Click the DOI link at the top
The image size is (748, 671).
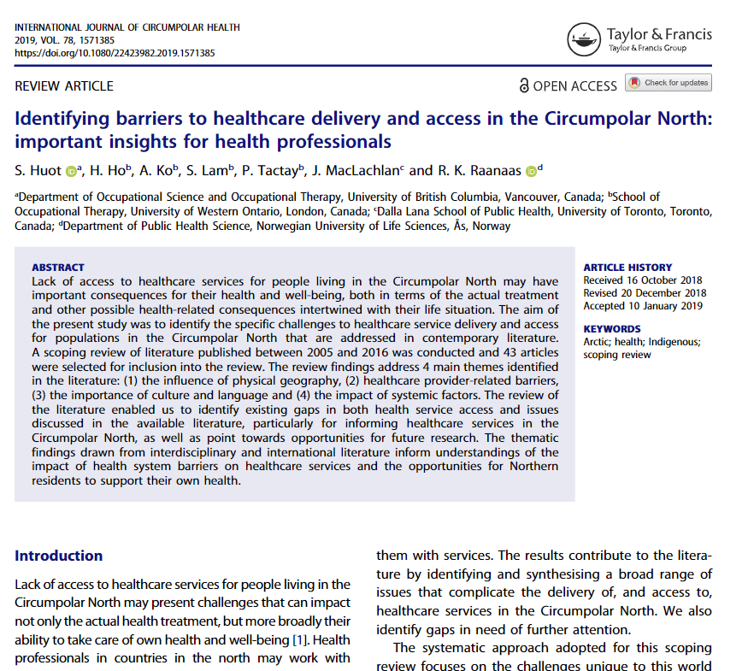pos(115,53)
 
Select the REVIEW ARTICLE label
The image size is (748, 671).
pos(64,85)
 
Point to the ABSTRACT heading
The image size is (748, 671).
pos(57,268)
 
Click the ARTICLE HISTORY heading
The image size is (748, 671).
pos(627,268)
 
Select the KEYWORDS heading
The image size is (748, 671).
pos(611,329)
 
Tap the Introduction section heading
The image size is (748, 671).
pos(59,556)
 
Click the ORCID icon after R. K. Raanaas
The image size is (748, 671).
pos(530,171)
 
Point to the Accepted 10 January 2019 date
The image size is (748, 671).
pos(642,305)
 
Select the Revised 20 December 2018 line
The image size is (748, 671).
pos(645,293)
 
